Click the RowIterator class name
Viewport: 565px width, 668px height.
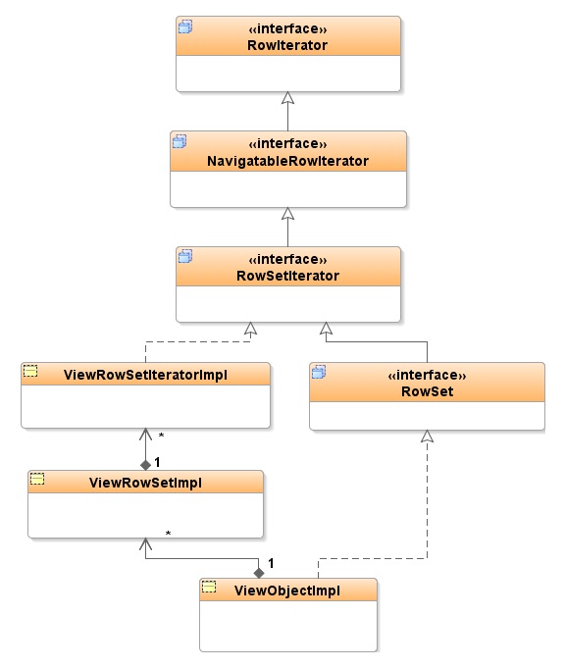point(287,45)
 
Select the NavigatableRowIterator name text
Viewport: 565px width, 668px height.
point(287,161)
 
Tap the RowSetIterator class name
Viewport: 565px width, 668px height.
point(287,276)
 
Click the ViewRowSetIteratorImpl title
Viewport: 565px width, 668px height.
point(145,375)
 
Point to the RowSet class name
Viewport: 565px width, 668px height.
point(427,391)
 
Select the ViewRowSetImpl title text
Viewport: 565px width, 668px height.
point(145,483)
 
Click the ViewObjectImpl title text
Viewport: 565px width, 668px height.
point(287,591)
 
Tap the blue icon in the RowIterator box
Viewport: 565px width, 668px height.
point(185,26)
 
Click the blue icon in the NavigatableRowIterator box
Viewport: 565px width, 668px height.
point(180,141)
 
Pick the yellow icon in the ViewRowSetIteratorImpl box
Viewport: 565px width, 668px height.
point(30,371)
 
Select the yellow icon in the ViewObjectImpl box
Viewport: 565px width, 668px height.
point(209,587)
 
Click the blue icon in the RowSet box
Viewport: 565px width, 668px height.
point(319,372)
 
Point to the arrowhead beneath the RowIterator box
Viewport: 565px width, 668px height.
point(288,98)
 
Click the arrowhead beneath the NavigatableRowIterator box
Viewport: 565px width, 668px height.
point(288,214)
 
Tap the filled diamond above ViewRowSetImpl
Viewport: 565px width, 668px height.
point(146,465)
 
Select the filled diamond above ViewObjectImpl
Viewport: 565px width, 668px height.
point(259,573)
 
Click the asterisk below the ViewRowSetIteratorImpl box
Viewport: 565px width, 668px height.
point(161,436)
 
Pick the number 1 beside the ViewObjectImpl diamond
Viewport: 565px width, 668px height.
point(271,563)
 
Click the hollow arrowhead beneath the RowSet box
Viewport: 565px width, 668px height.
point(427,437)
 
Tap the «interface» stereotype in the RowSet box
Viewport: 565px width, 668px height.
point(427,375)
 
